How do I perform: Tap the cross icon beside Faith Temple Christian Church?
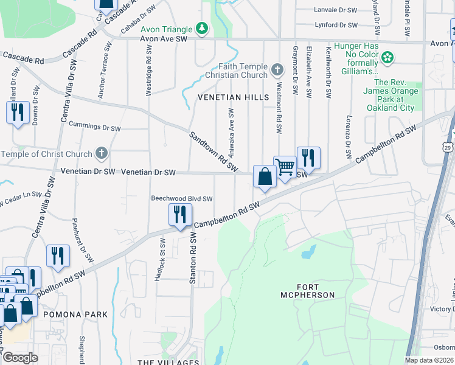click(277, 70)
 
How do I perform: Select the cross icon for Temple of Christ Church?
click(102, 154)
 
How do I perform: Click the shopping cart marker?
click(284, 167)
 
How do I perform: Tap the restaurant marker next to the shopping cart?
click(308, 158)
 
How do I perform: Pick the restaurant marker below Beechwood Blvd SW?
click(180, 215)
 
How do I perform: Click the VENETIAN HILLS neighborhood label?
click(232, 97)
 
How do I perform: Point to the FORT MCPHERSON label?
click(316, 291)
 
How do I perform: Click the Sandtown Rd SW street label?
click(213, 152)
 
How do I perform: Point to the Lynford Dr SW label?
click(336, 25)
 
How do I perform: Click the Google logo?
click(20, 358)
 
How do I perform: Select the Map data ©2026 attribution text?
click(429, 360)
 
